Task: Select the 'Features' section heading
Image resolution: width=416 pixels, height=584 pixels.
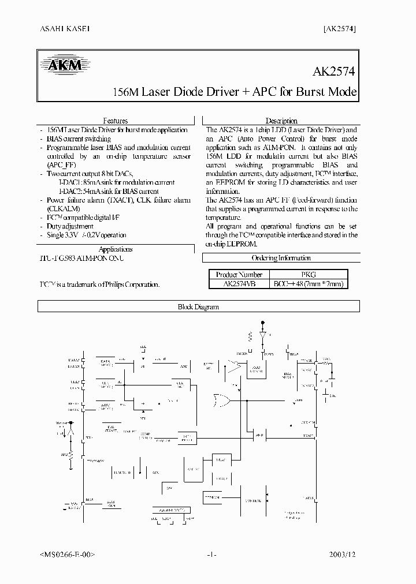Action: coord(115,121)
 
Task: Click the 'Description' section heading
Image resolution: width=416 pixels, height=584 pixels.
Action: coord(281,121)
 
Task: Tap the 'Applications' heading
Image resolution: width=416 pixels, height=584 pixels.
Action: coord(116,249)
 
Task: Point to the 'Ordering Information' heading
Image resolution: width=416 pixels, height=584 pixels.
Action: coord(281,258)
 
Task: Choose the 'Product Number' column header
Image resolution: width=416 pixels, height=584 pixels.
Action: coord(239,275)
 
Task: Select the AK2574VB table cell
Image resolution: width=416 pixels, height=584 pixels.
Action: coord(239,284)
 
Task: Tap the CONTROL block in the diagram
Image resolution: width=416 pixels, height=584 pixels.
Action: coord(252,500)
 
